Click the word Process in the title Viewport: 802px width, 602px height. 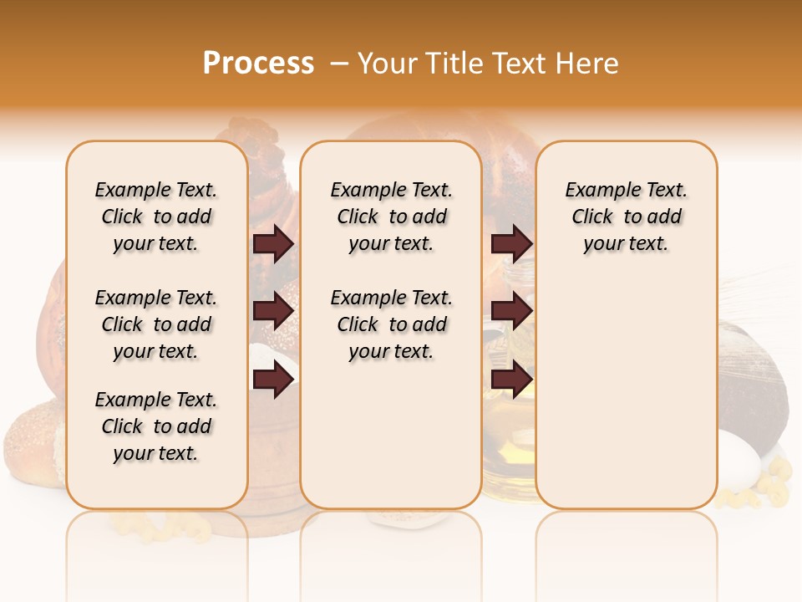(x=258, y=64)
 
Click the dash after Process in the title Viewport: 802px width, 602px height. (x=339, y=64)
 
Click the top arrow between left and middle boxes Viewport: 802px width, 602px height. (x=273, y=243)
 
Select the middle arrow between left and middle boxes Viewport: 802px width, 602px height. (x=273, y=312)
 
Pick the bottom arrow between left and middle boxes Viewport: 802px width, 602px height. (x=273, y=380)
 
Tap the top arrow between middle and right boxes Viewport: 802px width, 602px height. (x=511, y=243)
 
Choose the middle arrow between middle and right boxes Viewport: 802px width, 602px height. (x=511, y=312)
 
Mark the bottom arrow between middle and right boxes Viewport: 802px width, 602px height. (x=511, y=380)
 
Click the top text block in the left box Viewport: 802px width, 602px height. (x=156, y=217)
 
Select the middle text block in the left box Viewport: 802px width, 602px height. (x=156, y=324)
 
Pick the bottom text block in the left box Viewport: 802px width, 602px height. (x=156, y=426)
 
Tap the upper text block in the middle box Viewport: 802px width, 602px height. (x=391, y=217)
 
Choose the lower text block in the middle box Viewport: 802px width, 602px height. (x=391, y=324)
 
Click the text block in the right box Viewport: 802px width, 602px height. (x=626, y=217)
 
